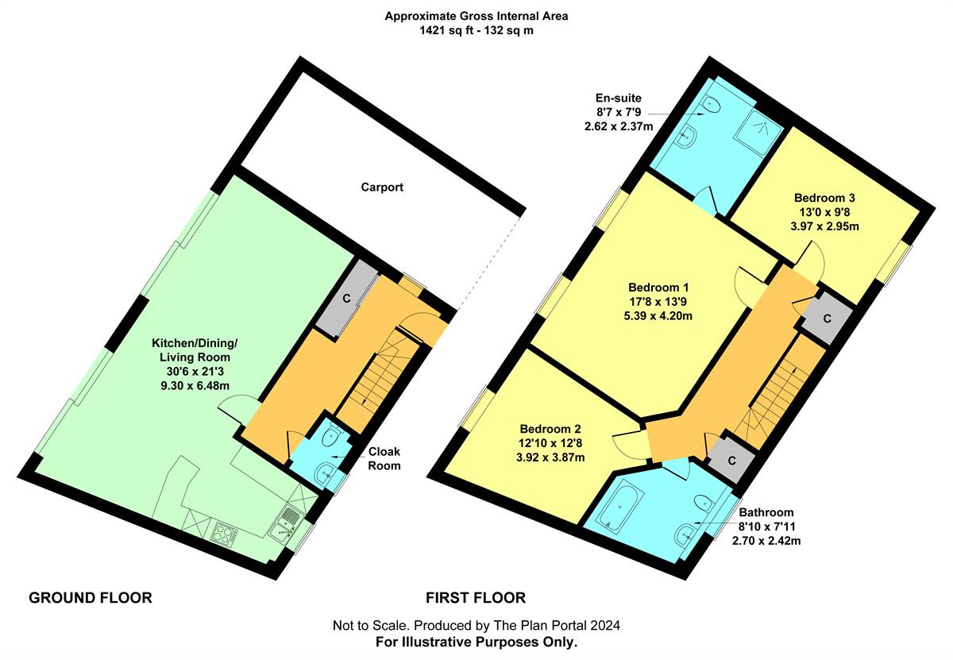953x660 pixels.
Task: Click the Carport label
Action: [x=382, y=187]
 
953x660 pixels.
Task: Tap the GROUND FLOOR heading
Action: [x=91, y=598]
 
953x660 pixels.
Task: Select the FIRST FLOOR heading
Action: [x=476, y=598]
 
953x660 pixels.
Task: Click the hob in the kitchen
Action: [x=224, y=534]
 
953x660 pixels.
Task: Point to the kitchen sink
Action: [x=286, y=523]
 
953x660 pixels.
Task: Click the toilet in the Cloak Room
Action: [x=332, y=435]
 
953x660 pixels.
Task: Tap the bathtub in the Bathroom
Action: [x=617, y=508]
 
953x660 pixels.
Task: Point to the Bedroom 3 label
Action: [x=824, y=198]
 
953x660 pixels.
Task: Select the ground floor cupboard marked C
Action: [x=347, y=299]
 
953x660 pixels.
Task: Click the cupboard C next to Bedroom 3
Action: [x=827, y=318]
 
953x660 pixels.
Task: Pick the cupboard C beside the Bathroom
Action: [x=731, y=461]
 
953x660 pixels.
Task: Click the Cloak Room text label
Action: [x=384, y=458]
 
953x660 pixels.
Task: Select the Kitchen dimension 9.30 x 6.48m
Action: [x=195, y=386]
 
